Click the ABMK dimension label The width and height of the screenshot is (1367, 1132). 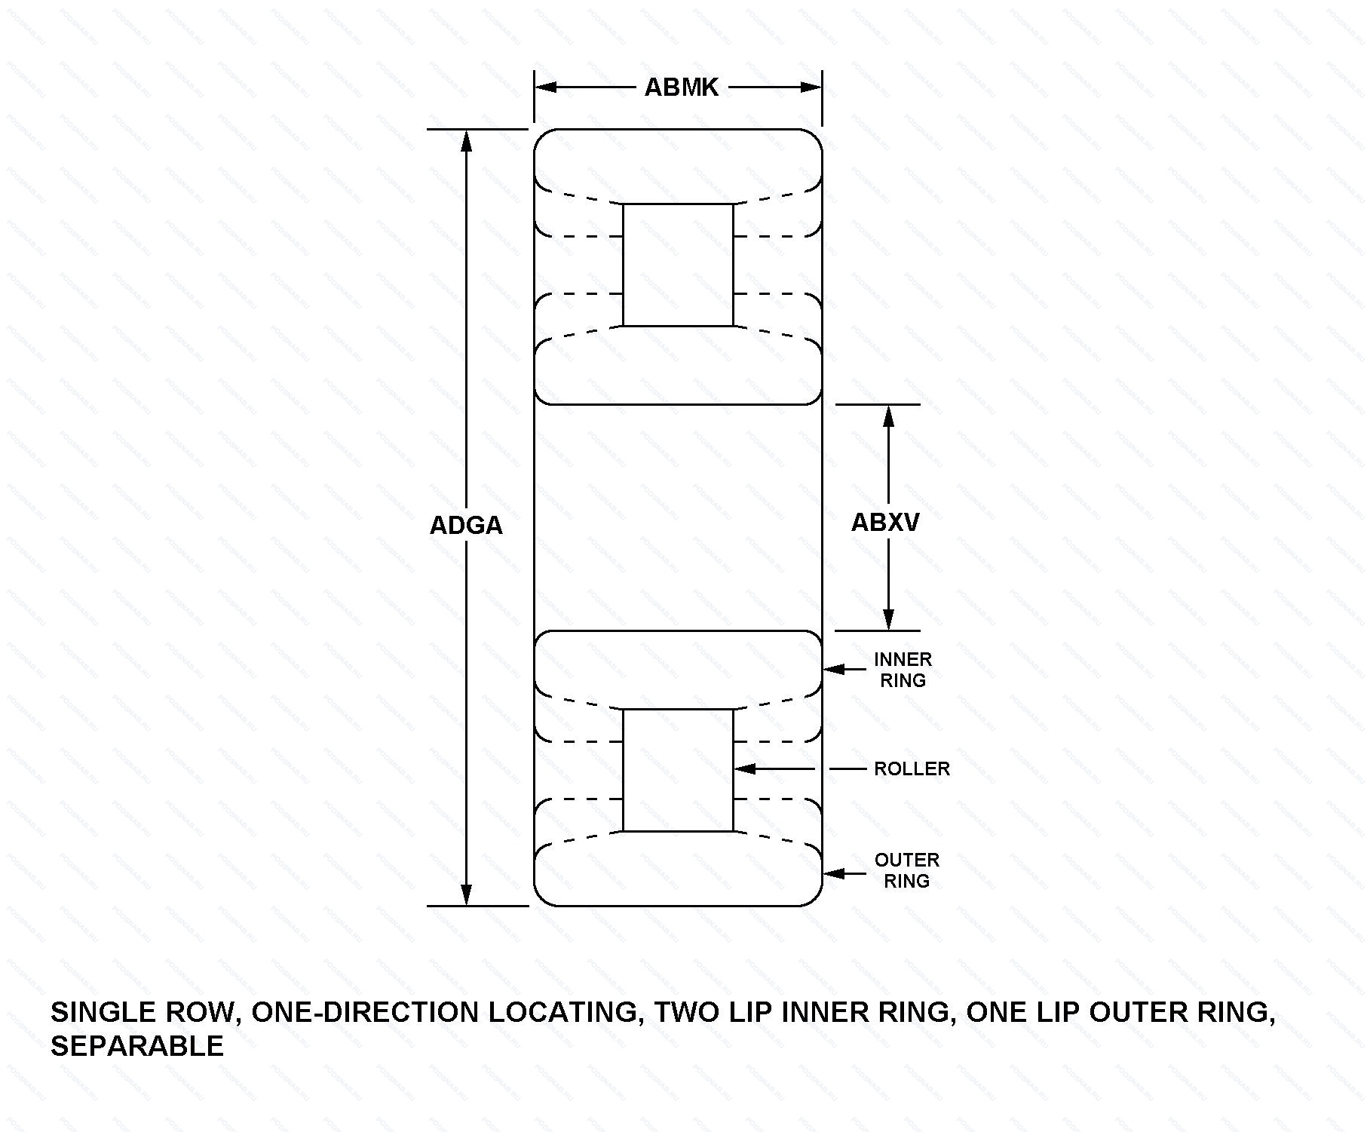[681, 87]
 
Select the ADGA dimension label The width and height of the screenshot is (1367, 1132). [466, 525]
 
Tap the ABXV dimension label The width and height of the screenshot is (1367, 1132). [885, 522]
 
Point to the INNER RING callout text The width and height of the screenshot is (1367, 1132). [903, 670]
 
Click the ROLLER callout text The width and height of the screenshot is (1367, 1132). [912, 768]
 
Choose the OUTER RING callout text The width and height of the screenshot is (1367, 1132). [907, 870]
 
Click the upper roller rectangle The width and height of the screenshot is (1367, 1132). [678, 265]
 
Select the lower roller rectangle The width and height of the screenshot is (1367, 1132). [678, 770]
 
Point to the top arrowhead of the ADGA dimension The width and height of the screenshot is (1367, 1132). [467, 141]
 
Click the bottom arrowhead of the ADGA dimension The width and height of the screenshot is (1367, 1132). [467, 894]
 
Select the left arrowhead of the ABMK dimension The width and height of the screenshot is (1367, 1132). [546, 87]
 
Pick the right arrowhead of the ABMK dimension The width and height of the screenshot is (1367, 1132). [811, 87]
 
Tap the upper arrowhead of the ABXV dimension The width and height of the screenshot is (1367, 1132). [889, 416]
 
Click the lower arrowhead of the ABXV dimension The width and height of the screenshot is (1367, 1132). [889, 618]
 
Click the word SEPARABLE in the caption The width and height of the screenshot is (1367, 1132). [137, 1046]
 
